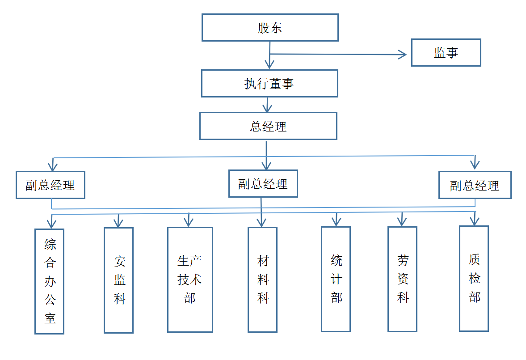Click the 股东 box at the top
270,28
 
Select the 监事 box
446,53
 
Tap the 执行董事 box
269,83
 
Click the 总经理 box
268,126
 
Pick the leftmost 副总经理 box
50,185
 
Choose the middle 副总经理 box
263,184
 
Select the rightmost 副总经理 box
475,185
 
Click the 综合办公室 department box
50,281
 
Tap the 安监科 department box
119,280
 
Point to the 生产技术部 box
190,280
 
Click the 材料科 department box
263,280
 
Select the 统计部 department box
336,279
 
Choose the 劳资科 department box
402,280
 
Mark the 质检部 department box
474,279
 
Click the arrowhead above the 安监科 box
118,223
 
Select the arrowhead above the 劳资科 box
402,221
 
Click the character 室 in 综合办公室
50,318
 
